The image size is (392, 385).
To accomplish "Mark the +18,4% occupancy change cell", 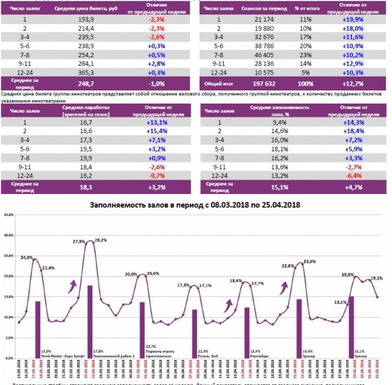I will point(355,130).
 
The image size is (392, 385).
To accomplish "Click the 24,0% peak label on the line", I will point(27,257).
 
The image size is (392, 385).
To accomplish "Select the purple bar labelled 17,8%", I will point(90,319).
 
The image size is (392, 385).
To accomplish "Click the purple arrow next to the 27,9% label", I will point(74,284).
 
